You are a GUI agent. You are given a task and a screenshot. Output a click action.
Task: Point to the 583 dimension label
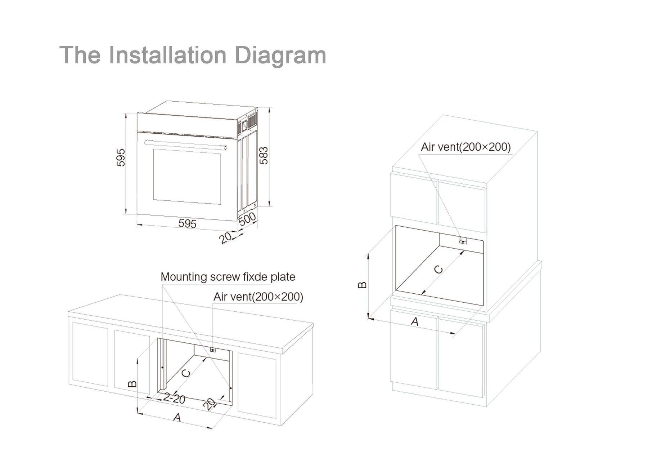(264, 156)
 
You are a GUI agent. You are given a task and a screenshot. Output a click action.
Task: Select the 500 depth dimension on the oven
(247, 219)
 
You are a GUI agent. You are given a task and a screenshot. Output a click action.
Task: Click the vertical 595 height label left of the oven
(121, 157)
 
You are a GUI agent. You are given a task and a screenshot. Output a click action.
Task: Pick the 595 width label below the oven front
(187, 223)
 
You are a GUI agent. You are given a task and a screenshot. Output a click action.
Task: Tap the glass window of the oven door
(187, 177)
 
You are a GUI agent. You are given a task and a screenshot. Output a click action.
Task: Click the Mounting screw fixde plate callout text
(228, 277)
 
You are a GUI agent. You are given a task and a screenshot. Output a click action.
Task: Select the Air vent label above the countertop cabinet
(258, 297)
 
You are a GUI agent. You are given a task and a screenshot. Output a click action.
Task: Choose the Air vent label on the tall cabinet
(465, 147)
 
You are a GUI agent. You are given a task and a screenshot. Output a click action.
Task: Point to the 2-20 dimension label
(174, 398)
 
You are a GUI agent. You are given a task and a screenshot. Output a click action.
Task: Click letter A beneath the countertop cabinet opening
(177, 417)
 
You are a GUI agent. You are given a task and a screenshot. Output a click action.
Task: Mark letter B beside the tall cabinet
(362, 285)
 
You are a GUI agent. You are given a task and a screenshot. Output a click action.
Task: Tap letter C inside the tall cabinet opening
(438, 270)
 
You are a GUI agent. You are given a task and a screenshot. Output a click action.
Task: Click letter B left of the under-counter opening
(132, 383)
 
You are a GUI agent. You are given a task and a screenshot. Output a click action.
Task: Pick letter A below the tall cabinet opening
(415, 321)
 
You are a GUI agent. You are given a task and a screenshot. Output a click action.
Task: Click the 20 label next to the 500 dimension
(225, 238)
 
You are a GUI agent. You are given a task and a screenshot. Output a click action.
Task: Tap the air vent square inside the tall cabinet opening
(463, 241)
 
